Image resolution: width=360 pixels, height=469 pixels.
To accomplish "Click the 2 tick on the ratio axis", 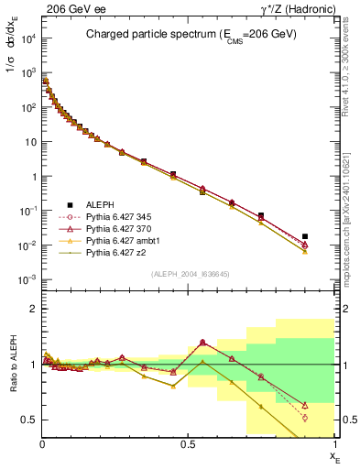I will pyautogui.click(x=34, y=310).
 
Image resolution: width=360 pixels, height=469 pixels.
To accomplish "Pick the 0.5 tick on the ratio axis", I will pyautogui.click(x=30, y=420).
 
